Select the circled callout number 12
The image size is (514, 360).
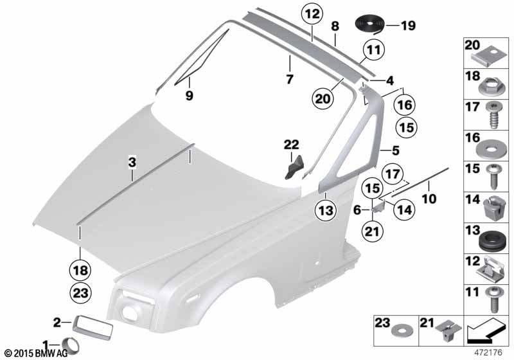pos(312,14)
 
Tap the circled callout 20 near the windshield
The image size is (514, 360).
pos(323,98)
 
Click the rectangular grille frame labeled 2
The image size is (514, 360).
pos(93,326)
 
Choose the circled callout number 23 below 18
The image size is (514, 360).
pos(80,292)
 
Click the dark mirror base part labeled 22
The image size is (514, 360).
pos(294,168)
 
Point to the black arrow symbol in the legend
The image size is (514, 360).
pos(486,332)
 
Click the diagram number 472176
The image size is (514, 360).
pos(488,353)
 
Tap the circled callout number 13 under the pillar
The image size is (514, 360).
pos(326,210)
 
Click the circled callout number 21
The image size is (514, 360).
pos(372,232)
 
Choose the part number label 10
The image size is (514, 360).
pos(430,199)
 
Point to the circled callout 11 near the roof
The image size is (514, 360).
pos(374,50)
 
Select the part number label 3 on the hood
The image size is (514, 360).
pos(132,162)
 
